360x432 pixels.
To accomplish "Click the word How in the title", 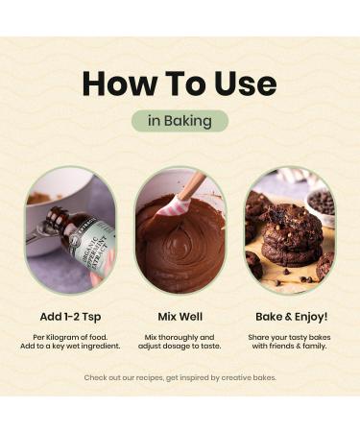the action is [x=118, y=84].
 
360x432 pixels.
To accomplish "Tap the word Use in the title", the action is [x=246, y=84].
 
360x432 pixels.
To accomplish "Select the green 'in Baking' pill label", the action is [x=180, y=121].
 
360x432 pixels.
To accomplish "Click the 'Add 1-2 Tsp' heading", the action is [x=70, y=317].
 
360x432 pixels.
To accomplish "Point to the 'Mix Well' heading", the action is [x=180, y=317].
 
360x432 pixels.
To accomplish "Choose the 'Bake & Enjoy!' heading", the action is [x=292, y=317].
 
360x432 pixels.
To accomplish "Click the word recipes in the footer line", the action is [x=151, y=378].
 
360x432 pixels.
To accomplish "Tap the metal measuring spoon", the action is [x=41, y=230].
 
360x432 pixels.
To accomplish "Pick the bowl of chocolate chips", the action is [x=321, y=204].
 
